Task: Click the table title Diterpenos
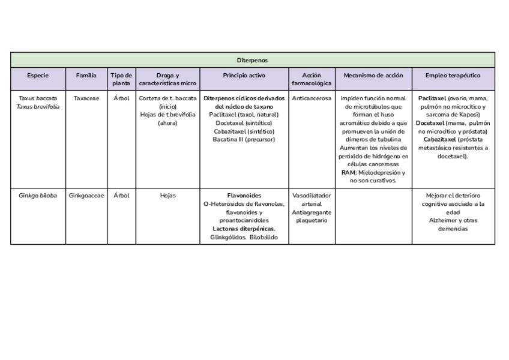pyautogui.click(x=252, y=60)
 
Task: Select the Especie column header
pyautogui.click(x=38, y=76)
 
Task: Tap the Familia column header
pyautogui.click(x=86, y=76)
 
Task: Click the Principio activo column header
pyautogui.click(x=244, y=76)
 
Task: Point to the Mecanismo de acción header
pyautogui.click(x=373, y=76)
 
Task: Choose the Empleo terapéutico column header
pyautogui.click(x=453, y=76)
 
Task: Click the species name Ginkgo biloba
pyautogui.click(x=38, y=196)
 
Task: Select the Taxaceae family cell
pyautogui.click(x=86, y=98)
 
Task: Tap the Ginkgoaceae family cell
pyautogui.click(x=86, y=196)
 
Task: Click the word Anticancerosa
pyautogui.click(x=312, y=98)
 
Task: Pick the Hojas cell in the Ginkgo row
pyautogui.click(x=168, y=196)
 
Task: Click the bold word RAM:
pyautogui.click(x=349, y=172)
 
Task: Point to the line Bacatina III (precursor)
pyautogui.click(x=244, y=139)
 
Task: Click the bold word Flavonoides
pyautogui.click(x=244, y=196)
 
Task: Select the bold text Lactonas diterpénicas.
pyautogui.click(x=244, y=229)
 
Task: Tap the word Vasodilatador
pyautogui.click(x=312, y=196)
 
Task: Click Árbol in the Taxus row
pyautogui.click(x=121, y=98)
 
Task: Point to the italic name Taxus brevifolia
pyautogui.click(x=38, y=107)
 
